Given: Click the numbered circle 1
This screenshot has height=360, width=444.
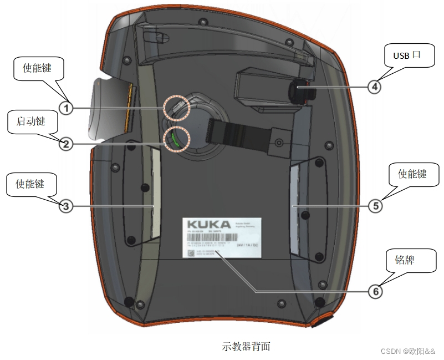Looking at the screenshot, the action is [x=67, y=108].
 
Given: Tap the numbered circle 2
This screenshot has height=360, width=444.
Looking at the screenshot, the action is [x=66, y=144].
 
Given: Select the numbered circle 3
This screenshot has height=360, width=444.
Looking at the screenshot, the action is [x=66, y=206].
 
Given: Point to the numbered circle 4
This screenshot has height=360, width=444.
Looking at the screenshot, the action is [x=375, y=86].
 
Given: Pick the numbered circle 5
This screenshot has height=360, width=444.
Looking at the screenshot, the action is [x=375, y=206].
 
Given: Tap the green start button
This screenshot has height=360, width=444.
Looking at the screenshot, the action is [x=175, y=139].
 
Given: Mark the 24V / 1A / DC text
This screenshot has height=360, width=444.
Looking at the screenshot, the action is [x=248, y=244].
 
